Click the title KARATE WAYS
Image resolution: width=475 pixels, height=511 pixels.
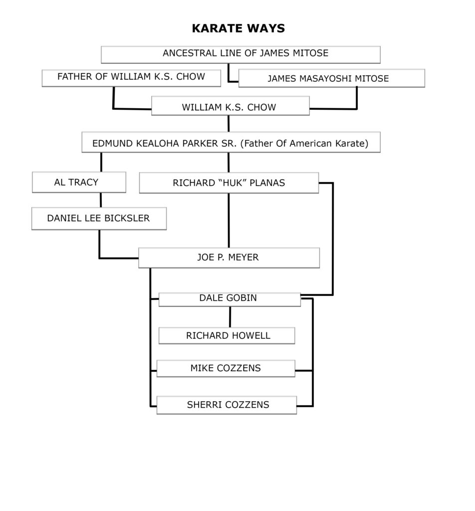tap(238, 28)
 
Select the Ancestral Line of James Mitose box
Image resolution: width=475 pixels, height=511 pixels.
tap(240, 54)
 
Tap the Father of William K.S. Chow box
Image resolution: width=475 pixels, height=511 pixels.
tap(131, 78)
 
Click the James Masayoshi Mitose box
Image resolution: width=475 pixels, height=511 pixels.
tap(332, 78)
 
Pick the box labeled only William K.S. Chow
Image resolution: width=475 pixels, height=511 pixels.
tap(231, 106)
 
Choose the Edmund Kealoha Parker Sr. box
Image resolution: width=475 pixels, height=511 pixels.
tap(231, 142)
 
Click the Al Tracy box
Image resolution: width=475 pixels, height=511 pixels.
tap(79, 182)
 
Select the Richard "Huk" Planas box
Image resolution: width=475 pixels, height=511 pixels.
tap(229, 183)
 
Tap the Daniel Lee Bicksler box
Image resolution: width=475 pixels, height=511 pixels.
tap(99, 219)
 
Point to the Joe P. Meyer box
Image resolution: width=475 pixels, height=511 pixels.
tap(229, 258)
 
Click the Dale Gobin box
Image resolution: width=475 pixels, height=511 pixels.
tap(230, 299)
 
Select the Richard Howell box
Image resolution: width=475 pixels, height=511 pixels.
tap(227, 336)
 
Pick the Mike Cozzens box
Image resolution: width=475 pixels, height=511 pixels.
tap(226, 368)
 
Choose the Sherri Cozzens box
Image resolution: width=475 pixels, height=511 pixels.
tap(227, 405)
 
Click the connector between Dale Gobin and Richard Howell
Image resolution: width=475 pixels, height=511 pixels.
tap(230, 317)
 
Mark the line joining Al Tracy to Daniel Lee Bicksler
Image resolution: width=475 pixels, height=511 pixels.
tap(101, 200)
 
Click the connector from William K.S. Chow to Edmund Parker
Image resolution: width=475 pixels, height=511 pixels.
tap(229, 124)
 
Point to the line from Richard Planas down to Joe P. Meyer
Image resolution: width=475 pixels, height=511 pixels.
tap(229, 221)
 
